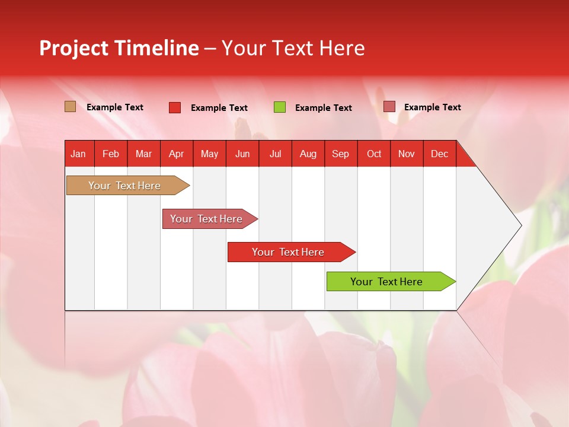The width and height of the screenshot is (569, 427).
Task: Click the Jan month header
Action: [78, 154]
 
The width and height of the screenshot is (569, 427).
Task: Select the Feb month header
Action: [111, 154]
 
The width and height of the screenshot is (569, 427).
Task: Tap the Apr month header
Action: [176, 154]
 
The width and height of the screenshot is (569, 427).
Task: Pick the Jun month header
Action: [242, 154]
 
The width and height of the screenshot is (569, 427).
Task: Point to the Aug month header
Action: [308, 154]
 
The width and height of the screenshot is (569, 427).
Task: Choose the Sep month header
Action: [340, 154]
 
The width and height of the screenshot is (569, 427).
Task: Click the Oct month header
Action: [374, 154]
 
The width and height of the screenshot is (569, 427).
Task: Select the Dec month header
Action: [439, 154]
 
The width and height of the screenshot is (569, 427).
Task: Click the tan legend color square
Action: [70, 107]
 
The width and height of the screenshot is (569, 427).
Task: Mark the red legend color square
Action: [175, 107]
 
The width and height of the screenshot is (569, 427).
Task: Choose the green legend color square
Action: [280, 107]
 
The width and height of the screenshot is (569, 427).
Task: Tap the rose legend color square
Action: [389, 107]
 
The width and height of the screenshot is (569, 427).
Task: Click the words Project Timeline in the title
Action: [119, 48]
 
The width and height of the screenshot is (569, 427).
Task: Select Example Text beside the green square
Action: [324, 108]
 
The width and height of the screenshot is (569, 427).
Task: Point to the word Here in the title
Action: [342, 48]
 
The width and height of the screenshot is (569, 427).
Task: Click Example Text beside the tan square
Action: [115, 107]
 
